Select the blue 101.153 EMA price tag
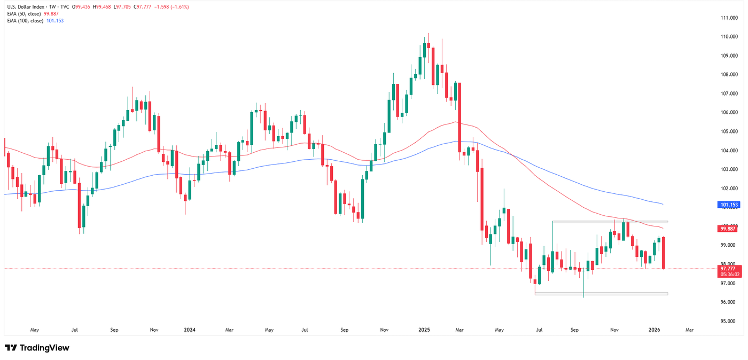point(729,205)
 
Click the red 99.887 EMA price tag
point(729,229)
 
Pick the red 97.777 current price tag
point(729,269)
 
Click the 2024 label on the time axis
point(189,330)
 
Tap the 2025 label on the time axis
point(424,330)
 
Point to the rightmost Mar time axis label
point(689,330)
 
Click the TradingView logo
point(37,348)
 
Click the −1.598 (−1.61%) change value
point(172,7)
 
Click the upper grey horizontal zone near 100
point(610,221)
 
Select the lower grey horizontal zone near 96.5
point(601,294)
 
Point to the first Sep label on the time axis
point(113,330)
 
